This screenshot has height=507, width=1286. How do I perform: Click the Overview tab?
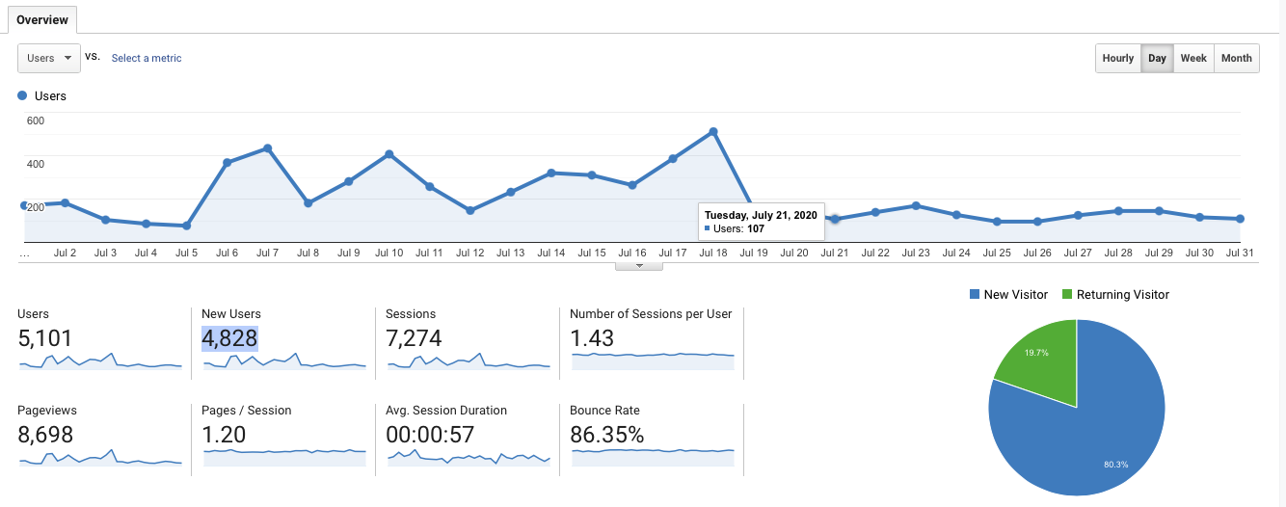pos(42,19)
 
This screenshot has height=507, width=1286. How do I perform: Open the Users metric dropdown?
pos(48,58)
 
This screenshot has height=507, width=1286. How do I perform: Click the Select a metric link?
pos(147,58)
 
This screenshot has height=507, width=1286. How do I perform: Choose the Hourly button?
pos(1117,58)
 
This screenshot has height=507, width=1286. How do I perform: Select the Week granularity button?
pos(1193,58)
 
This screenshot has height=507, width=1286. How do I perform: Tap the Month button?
pos(1236,58)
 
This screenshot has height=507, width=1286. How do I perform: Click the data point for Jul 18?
pos(713,131)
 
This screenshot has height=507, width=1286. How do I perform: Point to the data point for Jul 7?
pos(267,148)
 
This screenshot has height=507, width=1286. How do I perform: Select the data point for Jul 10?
pos(388,154)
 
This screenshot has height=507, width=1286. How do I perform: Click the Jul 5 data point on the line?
pos(186,226)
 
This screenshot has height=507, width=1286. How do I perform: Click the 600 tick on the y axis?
pos(36,120)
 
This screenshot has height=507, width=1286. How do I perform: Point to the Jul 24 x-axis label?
pos(956,253)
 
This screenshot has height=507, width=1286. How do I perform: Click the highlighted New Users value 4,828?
pos(229,338)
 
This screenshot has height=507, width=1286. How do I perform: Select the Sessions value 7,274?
pos(414,338)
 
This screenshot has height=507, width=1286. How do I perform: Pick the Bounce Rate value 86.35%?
pos(606,435)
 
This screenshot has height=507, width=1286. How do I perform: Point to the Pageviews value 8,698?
pos(45,435)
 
